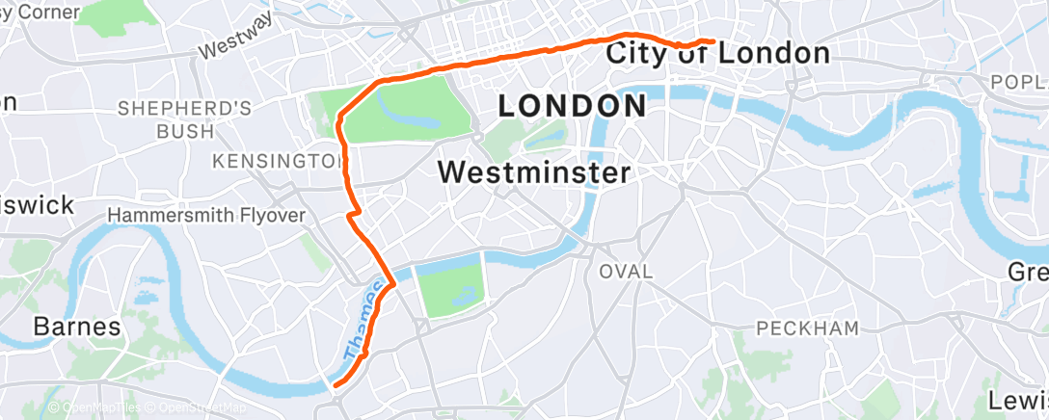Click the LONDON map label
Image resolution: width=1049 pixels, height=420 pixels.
(x=572, y=106)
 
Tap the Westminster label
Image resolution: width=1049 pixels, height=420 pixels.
(x=534, y=172)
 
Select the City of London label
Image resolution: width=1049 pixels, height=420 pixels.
(x=717, y=54)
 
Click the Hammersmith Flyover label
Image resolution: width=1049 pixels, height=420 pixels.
(x=206, y=215)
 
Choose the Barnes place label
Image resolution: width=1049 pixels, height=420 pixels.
(x=77, y=327)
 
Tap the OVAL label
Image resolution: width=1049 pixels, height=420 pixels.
(x=625, y=273)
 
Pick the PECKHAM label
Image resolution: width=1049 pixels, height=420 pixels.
(x=807, y=329)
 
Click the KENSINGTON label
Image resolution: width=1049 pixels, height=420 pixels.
(x=278, y=160)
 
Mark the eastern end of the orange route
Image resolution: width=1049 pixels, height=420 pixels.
(x=713, y=41)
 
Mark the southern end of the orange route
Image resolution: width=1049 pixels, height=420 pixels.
(x=335, y=385)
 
